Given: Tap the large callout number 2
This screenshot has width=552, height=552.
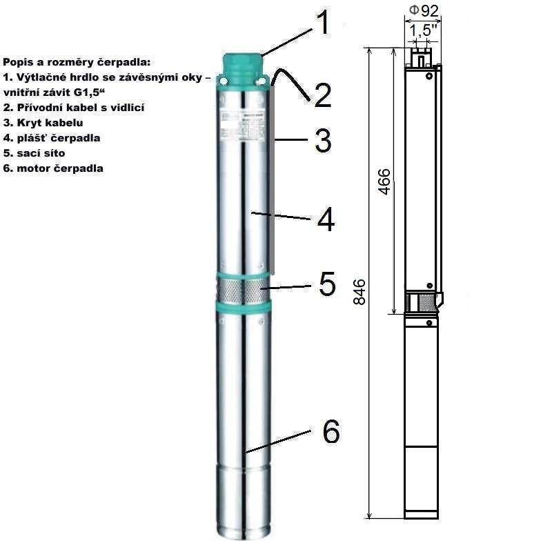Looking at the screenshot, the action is (x=323, y=95).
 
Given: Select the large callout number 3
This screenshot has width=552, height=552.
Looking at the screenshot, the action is (x=323, y=141).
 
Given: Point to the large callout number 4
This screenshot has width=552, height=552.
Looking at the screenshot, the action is (x=326, y=219).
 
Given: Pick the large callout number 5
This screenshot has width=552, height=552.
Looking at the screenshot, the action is (x=327, y=284).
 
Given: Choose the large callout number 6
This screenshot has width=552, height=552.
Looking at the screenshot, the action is (x=331, y=432).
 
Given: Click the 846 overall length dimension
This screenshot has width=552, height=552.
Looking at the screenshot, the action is (x=359, y=292).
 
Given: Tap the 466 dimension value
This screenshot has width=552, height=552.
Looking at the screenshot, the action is (x=384, y=181).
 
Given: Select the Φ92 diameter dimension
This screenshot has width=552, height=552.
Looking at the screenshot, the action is (x=424, y=11).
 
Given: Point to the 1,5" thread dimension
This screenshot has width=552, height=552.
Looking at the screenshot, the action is (x=423, y=30).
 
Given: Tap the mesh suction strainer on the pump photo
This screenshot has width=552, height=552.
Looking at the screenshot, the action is (x=243, y=290).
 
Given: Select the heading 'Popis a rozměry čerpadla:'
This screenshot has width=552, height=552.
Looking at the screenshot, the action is (x=77, y=62).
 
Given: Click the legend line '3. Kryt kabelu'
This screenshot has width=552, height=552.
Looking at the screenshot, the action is (x=43, y=123).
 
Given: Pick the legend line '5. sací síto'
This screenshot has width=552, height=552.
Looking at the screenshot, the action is (x=34, y=153).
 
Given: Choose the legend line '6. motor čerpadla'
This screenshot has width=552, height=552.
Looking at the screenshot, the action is (x=53, y=168).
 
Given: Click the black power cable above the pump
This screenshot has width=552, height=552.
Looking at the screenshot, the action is (x=291, y=83).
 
